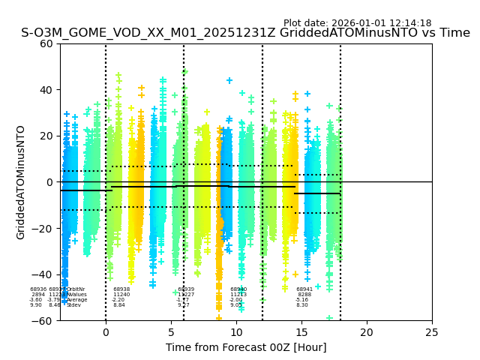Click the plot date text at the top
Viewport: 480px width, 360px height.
point(357,23)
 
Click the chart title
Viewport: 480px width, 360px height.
point(245,33)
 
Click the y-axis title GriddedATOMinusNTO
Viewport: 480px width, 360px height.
point(21,182)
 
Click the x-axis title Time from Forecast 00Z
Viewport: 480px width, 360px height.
point(246,347)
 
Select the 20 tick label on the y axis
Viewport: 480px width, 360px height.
point(46,136)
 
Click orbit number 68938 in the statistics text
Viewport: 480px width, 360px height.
point(121,289)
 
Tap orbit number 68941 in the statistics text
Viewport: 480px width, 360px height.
point(304,289)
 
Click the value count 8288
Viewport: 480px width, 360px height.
point(304,295)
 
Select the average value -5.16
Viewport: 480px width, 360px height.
point(302,300)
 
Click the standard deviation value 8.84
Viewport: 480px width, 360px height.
point(119,305)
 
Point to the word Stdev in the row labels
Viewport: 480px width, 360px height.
point(73,305)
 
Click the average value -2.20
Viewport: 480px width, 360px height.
point(118,300)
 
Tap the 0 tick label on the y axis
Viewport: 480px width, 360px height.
point(49,182)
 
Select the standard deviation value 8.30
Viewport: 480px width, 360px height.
point(302,305)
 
